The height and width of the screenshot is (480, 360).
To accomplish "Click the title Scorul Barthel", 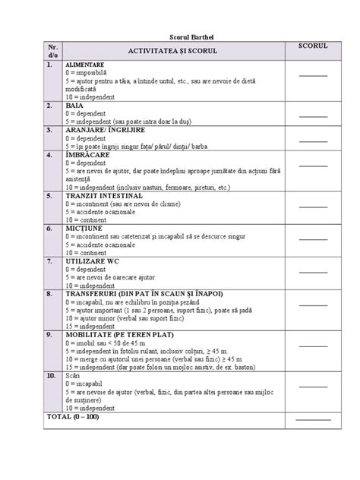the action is (180, 37).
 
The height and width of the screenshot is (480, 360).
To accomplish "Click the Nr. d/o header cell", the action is (52, 50).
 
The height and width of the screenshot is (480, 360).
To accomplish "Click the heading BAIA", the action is (75, 105).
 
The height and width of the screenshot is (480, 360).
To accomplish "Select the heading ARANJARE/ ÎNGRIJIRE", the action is (104, 129).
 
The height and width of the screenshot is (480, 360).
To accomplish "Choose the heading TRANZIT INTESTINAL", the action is (104, 195).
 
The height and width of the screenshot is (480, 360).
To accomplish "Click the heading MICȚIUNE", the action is (84, 227).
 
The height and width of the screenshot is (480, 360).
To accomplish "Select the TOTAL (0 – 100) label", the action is (73, 417).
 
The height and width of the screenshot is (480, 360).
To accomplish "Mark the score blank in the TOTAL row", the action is (312, 418).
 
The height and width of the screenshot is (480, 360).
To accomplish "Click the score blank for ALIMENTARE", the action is (312, 75).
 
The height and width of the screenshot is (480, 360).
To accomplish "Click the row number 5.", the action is (49, 195).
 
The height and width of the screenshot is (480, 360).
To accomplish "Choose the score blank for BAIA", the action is (312, 115).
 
